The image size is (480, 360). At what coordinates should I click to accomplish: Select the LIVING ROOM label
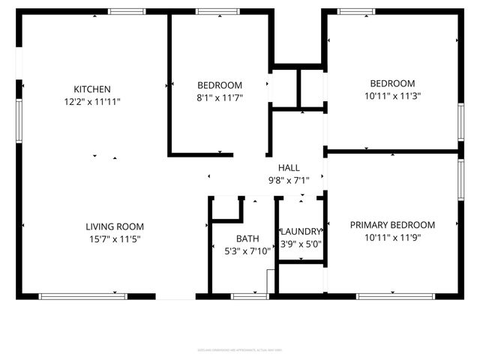click(114, 226)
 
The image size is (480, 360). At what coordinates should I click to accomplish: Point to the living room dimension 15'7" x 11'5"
click(114, 239)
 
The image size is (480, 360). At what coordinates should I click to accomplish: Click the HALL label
click(289, 168)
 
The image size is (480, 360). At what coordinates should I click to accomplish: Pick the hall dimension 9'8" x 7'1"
click(289, 180)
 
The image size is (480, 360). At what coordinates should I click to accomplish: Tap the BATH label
click(247, 239)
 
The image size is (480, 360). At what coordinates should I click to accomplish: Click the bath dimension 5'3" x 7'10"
click(247, 251)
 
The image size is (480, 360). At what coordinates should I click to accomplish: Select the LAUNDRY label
click(301, 232)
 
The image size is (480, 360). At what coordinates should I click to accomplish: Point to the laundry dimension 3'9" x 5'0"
click(301, 244)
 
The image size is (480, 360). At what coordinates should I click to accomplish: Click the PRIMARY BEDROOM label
click(392, 225)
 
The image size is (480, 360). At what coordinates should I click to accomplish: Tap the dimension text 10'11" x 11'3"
click(392, 95)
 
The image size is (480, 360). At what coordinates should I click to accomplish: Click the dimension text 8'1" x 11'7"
click(220, 97)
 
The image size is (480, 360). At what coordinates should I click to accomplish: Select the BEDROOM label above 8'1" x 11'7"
click(220, 85)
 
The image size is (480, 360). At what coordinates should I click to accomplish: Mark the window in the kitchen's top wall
click(127, 11)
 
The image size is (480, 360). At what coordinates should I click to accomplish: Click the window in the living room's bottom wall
click(82, 296)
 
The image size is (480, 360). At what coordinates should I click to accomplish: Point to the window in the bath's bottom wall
click(250, 296)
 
